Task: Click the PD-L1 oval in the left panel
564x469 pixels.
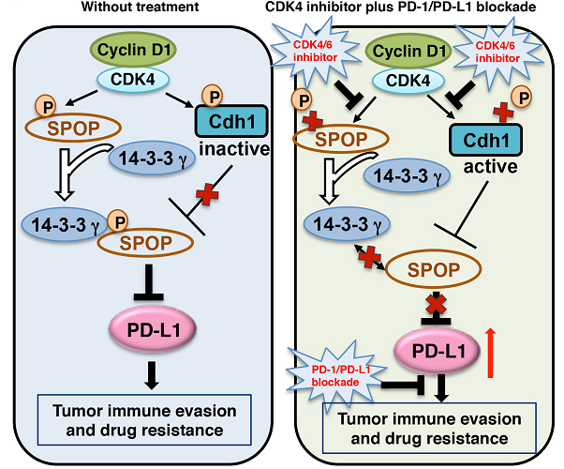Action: point(151,329)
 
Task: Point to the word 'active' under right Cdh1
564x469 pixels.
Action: point(486,172)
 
